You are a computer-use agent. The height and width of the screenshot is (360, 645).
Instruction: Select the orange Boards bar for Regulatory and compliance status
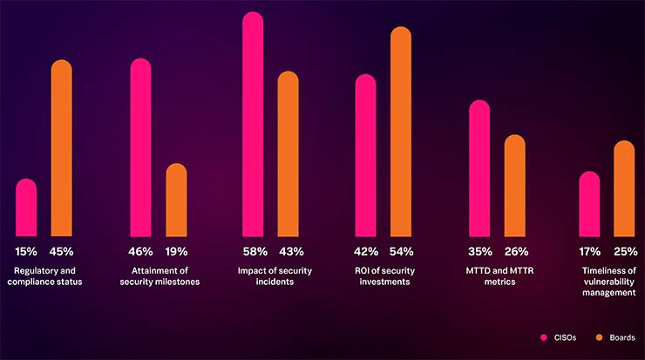click(61, 148)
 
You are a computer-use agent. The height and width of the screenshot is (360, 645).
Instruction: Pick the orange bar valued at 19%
click(176, 200)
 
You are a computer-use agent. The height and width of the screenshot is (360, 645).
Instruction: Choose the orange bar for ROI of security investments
click(400, 131)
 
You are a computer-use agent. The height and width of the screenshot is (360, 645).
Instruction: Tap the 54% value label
click(401, 252)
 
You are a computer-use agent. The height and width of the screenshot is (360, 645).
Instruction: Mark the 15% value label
click(26, 252)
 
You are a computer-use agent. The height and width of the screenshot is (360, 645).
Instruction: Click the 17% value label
click(590, 252)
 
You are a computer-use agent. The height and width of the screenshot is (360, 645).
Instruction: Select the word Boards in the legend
click(621, 337)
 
